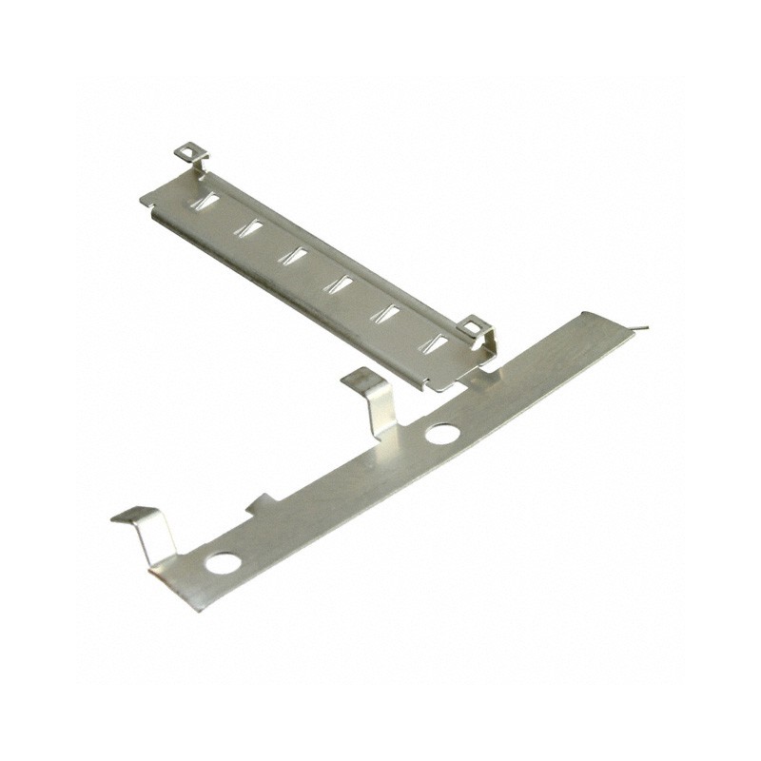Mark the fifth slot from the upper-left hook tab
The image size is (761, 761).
point(390,312)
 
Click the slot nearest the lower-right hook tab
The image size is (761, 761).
point(439,342)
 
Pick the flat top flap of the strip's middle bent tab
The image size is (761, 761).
point(357,378)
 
